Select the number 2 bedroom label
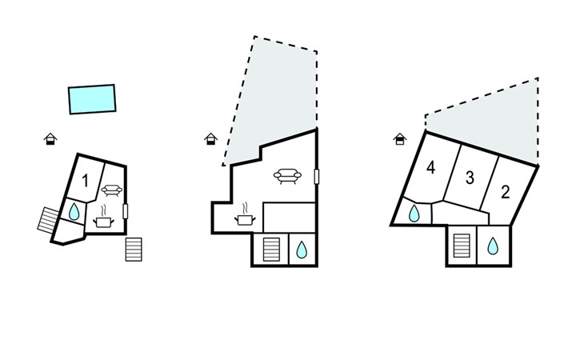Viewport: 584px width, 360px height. pos(505,191)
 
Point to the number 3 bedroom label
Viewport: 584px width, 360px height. pos(470,178)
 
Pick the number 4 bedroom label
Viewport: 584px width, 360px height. pos(431,168)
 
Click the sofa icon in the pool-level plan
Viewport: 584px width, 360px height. pos(111,190)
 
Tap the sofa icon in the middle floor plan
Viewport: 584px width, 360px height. pos(286,175)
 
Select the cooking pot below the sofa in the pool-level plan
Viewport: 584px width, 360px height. pos(103,221)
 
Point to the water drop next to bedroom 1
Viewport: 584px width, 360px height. pos(74,212)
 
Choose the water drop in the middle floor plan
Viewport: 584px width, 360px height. pos(302,250)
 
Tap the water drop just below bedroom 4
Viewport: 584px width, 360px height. pos(415,214)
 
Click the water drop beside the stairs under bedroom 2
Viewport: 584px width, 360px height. pos(492,245)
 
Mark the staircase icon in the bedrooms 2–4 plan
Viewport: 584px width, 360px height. pos(461,244)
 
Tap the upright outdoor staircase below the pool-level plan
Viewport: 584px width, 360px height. pos(134,249)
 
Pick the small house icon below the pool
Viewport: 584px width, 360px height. pos(50,139)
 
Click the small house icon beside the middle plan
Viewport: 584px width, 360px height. pos(210,138)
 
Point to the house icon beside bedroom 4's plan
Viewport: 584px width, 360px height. pos(399,138)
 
